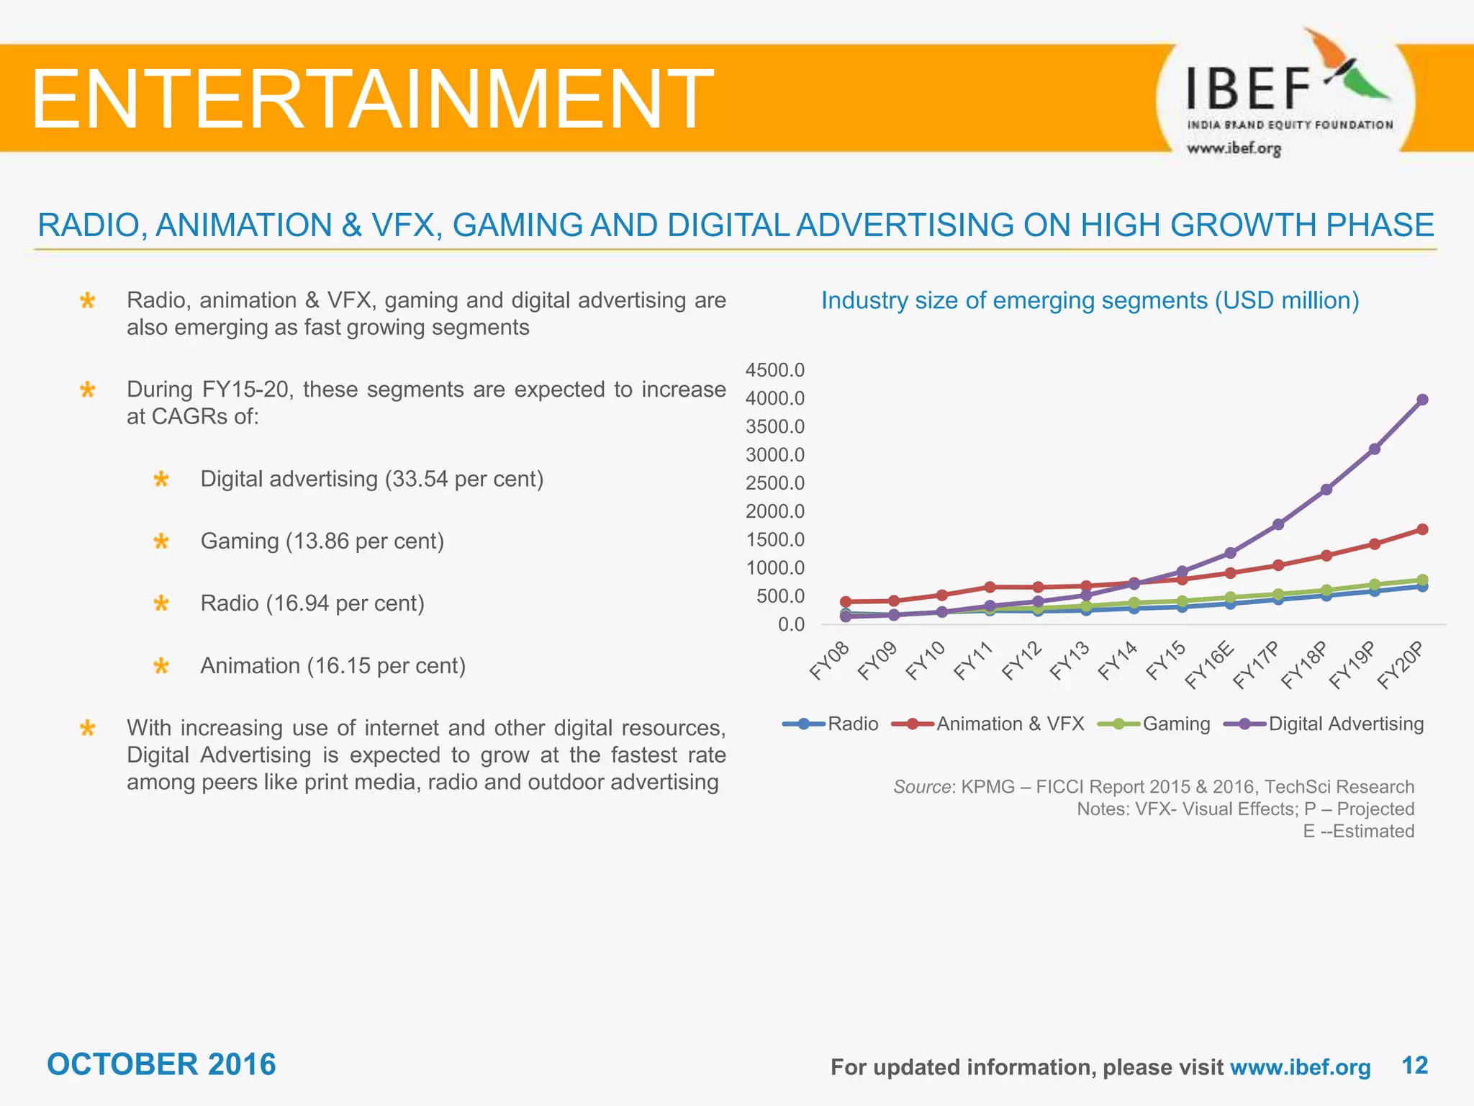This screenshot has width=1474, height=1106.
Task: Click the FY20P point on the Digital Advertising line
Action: pyautogui.click(x=1422, y=400)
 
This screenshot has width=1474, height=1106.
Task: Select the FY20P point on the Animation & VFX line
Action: pyautogui.click(x=1422, y=530)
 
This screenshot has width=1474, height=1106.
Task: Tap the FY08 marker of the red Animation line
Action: pyautogui.click(x=846, y=602)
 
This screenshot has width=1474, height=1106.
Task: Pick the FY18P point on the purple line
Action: pyautogui.click(x=1326, y=490)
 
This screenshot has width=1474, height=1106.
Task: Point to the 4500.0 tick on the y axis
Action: pyautogui.click(x=775, y=370)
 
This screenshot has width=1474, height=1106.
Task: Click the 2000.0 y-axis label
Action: pyautogui.click(x=775, y=511)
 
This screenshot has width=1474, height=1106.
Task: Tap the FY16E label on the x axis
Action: pyautogui.click(x=1211, y=665)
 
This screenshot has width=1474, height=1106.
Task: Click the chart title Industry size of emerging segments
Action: pyautogui.click(x=1090, y=300)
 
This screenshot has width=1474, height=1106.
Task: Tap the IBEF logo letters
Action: pyautogui.click(x=1249, y=88)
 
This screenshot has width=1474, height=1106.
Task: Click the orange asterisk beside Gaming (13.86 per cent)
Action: pyautogui.click(x=161, y=541)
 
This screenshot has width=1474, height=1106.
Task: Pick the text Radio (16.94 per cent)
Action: pyautogui.click(x=312, y=603)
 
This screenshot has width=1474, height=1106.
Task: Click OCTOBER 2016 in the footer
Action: pyautogui.click(x=161, y=1064)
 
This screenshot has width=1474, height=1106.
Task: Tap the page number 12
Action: pyautogui.click(x=1415, y=1065)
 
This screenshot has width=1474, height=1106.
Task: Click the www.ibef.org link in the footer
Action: pyautogui.click(x=1301, y=1067)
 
